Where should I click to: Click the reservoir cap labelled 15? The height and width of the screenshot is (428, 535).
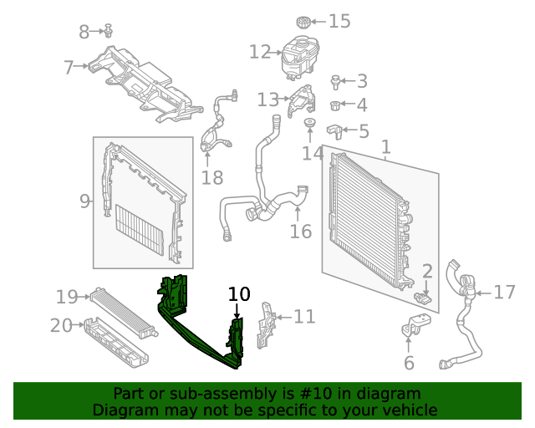click(x=303, y=23)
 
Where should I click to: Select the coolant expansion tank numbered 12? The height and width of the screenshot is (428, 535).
click(x=300, y=58)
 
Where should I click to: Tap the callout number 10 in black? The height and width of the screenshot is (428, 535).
click(x=239, y=294)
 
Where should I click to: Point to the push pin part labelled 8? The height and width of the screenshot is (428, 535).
click(x=109, y=30)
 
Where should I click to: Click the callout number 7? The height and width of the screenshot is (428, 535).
click(x=69, y=67)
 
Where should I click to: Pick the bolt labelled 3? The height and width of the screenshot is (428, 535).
click(x=335, y=82)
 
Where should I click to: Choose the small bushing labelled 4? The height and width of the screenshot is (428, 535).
click(x=335, y=105)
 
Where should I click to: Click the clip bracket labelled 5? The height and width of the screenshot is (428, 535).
click(x=335, y=132)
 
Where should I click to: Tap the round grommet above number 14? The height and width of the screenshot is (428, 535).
click(x=310, y=122)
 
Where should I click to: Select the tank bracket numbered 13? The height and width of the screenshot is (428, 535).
click(x=302, y=100)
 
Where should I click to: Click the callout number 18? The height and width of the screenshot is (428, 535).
click(x=212, y=178)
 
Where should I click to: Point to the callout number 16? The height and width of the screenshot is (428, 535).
click(x=301, y=232)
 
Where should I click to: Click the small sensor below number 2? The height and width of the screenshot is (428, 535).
click(x=423, y=298)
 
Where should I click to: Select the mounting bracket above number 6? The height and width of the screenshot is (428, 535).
click(x=415, y=324)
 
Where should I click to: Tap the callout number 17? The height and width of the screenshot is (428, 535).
click(x=504, y=292)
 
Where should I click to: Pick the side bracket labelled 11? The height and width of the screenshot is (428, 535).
click(x=266, y=325)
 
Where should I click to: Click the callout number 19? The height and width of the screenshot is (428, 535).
click(x=67, y=297)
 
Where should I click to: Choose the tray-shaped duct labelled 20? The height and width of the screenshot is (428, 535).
click(x=116, y=343)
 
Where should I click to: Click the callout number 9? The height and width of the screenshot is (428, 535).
click(x=84, y=201)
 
